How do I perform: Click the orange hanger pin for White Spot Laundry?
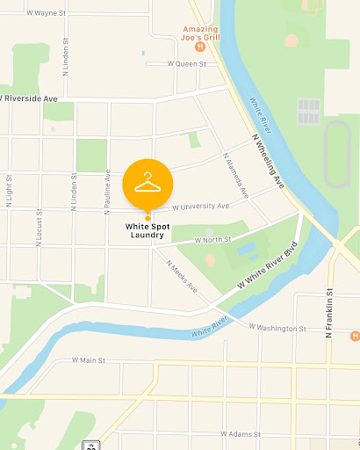pos(148,183)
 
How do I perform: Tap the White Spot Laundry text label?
pos(144,230)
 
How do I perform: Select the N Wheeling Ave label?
pos(269,158)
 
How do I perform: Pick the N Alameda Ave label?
pos(233,170)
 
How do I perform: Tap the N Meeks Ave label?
pos(181,278)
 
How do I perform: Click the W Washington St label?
pos(277,328)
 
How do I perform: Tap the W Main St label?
pos(89,360)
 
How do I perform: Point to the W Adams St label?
pos(241,434)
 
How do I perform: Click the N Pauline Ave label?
pos(107,192)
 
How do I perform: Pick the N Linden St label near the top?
pos(66,63)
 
